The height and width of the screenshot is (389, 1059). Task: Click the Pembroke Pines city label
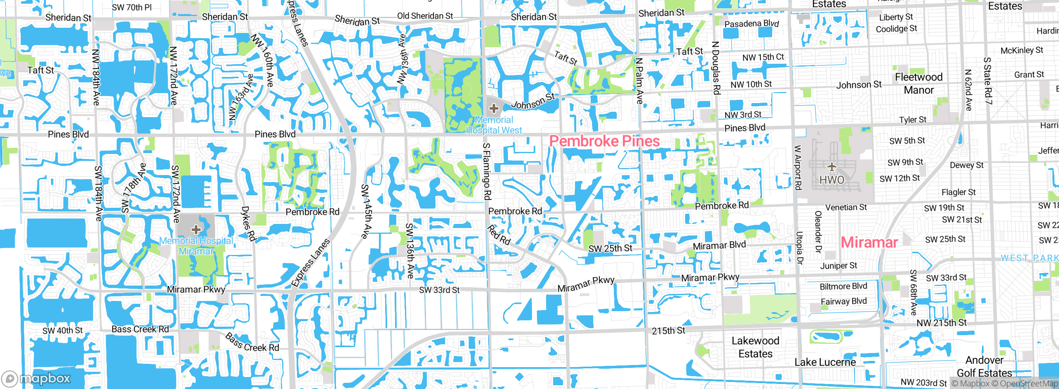point(604,141)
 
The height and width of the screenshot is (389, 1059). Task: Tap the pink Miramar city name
point(869,242)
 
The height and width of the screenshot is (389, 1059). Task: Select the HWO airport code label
point(832,180)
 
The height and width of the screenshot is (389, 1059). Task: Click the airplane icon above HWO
point(832,167)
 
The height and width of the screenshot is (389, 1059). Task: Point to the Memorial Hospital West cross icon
point(494,108)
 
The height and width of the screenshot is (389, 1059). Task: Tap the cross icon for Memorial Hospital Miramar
point(196,229)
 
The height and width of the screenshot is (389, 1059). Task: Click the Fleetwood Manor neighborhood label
point(919,84)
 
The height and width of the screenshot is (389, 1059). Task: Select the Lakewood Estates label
point(755,347)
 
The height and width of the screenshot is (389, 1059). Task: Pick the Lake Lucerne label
point(825,363)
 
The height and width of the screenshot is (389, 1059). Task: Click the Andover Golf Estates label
point(985,367)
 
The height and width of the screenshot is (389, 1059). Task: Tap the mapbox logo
point(36,378)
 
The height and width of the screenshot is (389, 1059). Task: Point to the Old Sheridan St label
point(425,16)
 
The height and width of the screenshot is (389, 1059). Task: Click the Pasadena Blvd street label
point(752,24)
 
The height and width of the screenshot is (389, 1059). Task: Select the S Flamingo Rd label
point(487,171)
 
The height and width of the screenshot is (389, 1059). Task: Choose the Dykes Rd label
point(248,224)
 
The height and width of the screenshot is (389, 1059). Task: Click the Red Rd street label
point(498,235)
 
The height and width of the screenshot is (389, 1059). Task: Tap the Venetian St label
point(846,207)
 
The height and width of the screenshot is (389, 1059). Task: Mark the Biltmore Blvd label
point(843,286)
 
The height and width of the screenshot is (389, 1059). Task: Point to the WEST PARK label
point(1029,258)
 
